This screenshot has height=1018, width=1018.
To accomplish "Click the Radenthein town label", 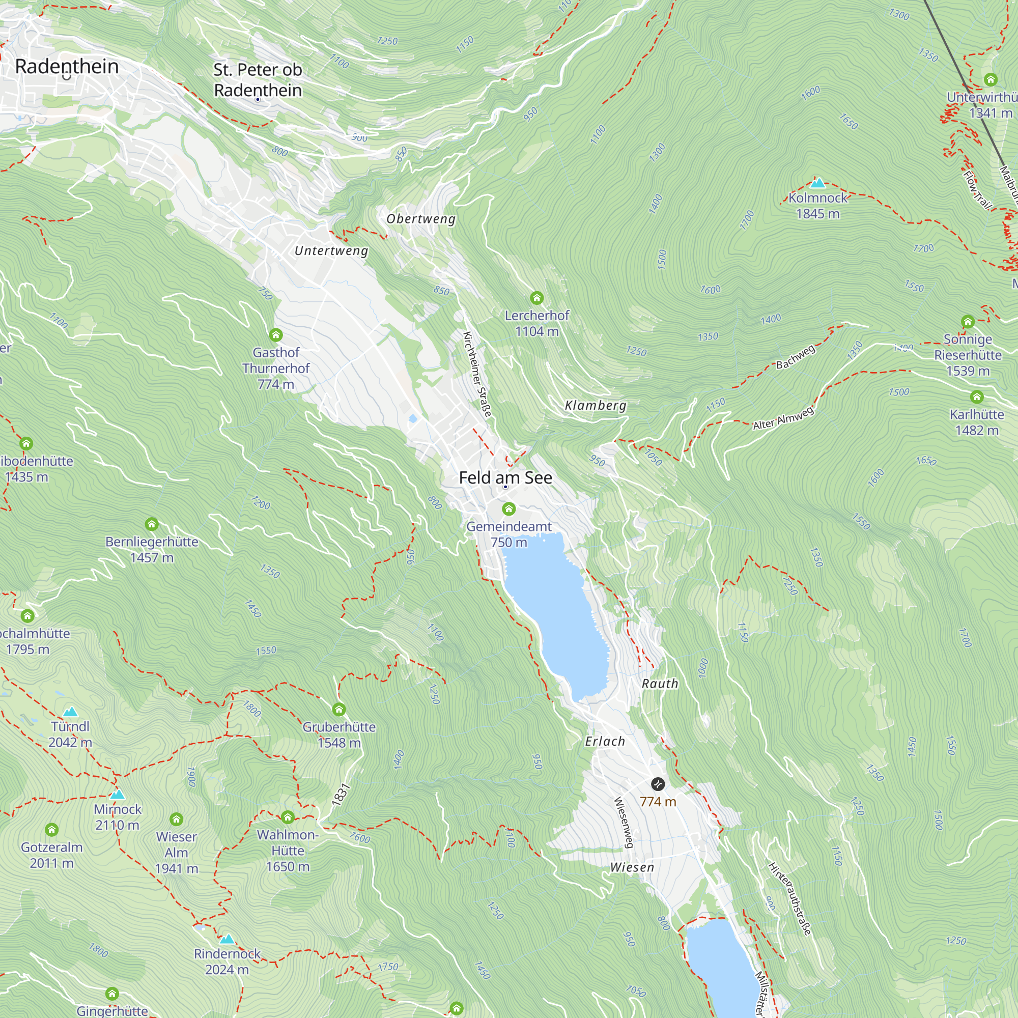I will point(67,67).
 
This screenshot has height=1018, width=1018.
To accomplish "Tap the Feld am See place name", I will point(505,477).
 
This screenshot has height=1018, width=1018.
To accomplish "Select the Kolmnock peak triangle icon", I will point(817,183).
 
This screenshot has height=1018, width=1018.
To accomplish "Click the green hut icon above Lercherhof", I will point(536,298).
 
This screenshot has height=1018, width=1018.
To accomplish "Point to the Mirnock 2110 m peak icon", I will point(118,794).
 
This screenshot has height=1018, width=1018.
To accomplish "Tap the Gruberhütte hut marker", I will point(339,709).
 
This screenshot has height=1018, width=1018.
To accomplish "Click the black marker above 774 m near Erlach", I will point(657,784).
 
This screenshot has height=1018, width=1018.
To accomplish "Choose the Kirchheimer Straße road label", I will point(477,374).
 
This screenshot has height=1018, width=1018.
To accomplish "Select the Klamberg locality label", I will point(596,405).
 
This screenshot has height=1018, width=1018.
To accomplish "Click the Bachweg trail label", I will point(795,357).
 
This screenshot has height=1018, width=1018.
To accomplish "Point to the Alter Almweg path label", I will point(783,418).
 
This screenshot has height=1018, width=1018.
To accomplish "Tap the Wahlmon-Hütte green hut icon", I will point(287,817).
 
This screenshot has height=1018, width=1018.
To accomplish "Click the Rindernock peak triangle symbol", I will point(227,939).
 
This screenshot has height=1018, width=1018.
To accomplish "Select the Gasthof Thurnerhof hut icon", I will point(275,334).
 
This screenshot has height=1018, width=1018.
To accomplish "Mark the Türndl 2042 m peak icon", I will point(70,712).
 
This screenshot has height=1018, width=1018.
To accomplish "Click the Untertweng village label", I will point(331,251).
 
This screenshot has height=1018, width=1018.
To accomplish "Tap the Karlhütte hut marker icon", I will point(976,397).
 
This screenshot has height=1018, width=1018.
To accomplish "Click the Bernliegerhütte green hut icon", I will point(152,524).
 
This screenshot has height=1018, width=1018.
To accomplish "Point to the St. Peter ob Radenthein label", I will point(258,79).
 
